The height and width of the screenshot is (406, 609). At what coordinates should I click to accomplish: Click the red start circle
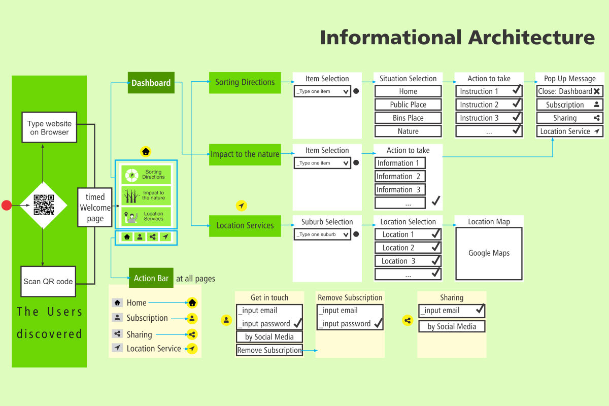pyautogui.click(x=7, y=205)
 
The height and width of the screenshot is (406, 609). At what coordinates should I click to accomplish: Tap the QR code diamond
pyautogui.click(x=43, y=205)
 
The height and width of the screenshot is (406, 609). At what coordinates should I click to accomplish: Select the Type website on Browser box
pyautogui.click(x=49, y=127)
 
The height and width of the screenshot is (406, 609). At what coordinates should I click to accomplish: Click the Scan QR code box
pyautogui.click(x=48, y=281)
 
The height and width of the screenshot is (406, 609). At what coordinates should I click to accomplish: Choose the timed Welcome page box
pyautogui.click(x=95, y=208)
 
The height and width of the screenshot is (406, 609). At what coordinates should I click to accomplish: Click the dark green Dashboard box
pyautogui.click(x=151, y=83)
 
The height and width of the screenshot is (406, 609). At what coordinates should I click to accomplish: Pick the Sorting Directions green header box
pyautogui.click(x=245, y=82)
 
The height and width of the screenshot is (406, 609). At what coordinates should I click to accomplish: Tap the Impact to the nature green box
pyautogui.click(x=245, y=154)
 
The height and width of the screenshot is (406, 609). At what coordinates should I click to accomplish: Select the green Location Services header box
pyautogui.click(x=245, y=225)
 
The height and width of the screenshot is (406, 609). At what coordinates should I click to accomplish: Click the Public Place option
pyautogui.click(x=408, y=105)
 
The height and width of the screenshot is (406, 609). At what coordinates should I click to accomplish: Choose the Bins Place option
pyautogui.click(x=408, y=118)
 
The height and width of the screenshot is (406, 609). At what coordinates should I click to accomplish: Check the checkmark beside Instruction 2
pyautogui.click(x=517, y=104)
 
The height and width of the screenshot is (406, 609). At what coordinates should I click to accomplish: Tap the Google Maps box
pyautogui.click(x=489, y=253)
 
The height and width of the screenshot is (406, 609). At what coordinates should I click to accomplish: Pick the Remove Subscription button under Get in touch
pyautogui.click(x=269, y=350)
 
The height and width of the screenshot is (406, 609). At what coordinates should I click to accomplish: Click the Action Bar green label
pyautogui.click(x=151, y=278)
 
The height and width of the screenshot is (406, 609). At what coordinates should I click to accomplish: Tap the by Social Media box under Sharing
pyautogui.click(x=452, y=326)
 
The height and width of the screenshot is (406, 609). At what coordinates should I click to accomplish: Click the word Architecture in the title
pyautogui.click(x=531, y=38)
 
